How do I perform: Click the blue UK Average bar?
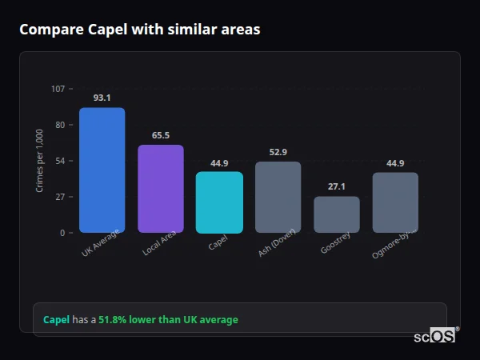click(102, 170)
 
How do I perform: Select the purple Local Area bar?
click(160, 189)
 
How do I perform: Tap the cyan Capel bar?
click(219, 202)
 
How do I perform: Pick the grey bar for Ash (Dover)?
click(278, 197)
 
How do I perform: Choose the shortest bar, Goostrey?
click(336, 214)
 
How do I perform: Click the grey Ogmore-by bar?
click(395, 202)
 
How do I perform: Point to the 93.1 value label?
click(102, 98)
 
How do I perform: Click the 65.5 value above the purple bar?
click(160, 135)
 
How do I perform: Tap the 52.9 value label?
click(278, 152)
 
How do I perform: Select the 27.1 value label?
click(336, 186)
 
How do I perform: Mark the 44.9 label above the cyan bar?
click(219, 163)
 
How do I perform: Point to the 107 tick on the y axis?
click(58, 89)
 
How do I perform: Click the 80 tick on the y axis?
click(59, 125)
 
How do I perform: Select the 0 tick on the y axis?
click(62, 233)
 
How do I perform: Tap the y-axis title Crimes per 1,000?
click(40, 161)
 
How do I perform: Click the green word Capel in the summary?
click(56, 320)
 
